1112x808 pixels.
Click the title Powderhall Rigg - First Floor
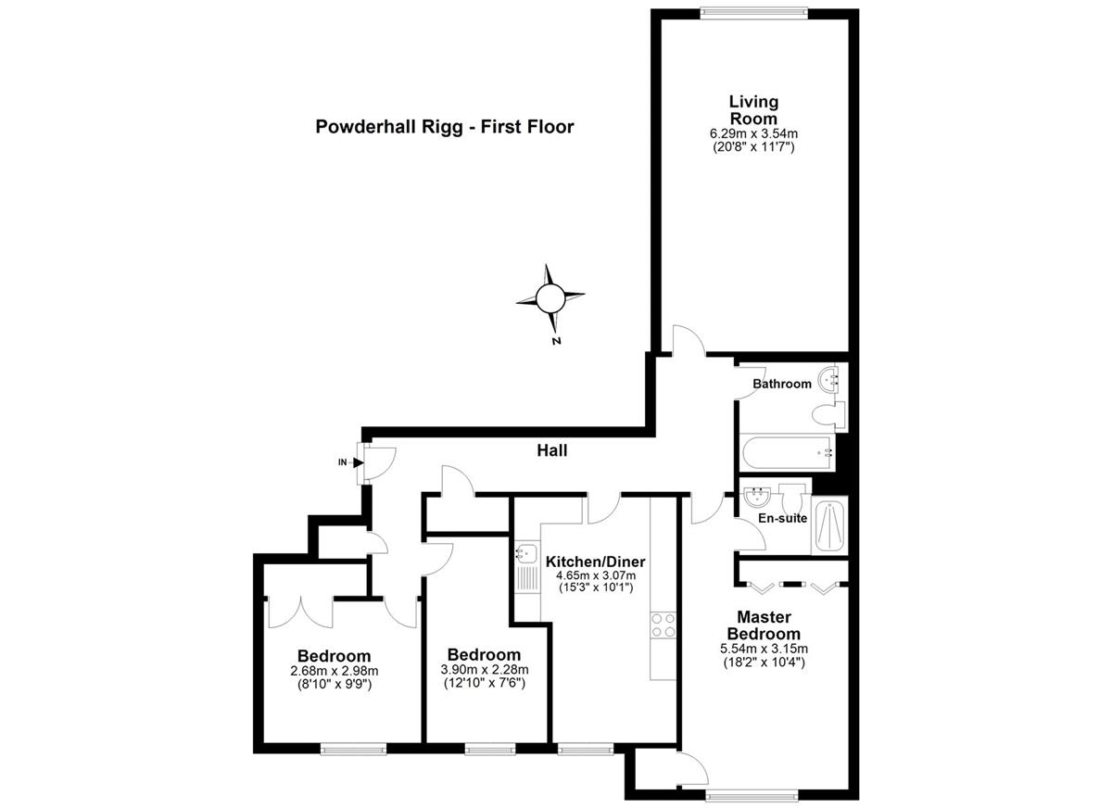[445, 127]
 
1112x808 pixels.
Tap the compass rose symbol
[550, 298]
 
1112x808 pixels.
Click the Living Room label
[753, 110]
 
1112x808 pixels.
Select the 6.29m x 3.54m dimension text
[753, 133]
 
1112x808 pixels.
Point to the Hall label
[552, 450]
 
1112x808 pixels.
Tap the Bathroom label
[782, 384]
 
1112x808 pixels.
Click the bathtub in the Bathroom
[788, 452]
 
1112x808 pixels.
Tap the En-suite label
[782, 518]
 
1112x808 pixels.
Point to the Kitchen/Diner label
[595, 562]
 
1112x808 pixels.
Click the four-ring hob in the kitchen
[663, 625]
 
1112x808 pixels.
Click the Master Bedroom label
[764, 625]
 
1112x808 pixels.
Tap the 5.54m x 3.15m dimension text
[764, 649]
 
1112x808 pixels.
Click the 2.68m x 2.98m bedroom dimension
[335, 671]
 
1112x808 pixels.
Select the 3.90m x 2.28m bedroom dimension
[485, 670]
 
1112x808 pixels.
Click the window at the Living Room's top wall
[753, 13]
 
